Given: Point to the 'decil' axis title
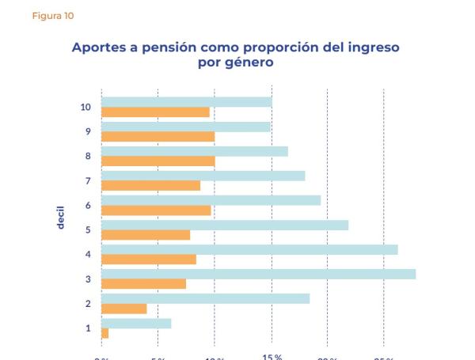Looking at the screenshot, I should (x=60, y=217).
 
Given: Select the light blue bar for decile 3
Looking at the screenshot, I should (x=258, y=274).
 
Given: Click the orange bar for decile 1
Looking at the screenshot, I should (x=104, y=333).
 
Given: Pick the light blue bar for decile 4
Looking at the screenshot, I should (x=249, y=249).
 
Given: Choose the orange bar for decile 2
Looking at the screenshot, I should (x=123, y=309).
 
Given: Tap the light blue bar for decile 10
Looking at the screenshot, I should (x=186, y=101).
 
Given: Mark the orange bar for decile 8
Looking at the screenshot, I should (x=158, y=161).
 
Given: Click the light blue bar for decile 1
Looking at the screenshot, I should (x=136, y=323).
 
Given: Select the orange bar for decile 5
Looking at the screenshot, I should (x=146, y=235).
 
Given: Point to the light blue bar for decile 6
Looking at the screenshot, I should (x=211, y=200).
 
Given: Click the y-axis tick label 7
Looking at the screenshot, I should (x=88, y=181).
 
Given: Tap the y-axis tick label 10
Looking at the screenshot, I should (x=85, y=107).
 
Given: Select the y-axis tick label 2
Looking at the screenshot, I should (x=88, y=304).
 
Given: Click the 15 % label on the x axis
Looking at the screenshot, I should (x=272, y=357).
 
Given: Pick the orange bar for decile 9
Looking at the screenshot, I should (x=158, y=137).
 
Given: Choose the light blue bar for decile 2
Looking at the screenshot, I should (x=205, y=298).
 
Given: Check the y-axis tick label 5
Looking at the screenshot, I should (x=88, y=230).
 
